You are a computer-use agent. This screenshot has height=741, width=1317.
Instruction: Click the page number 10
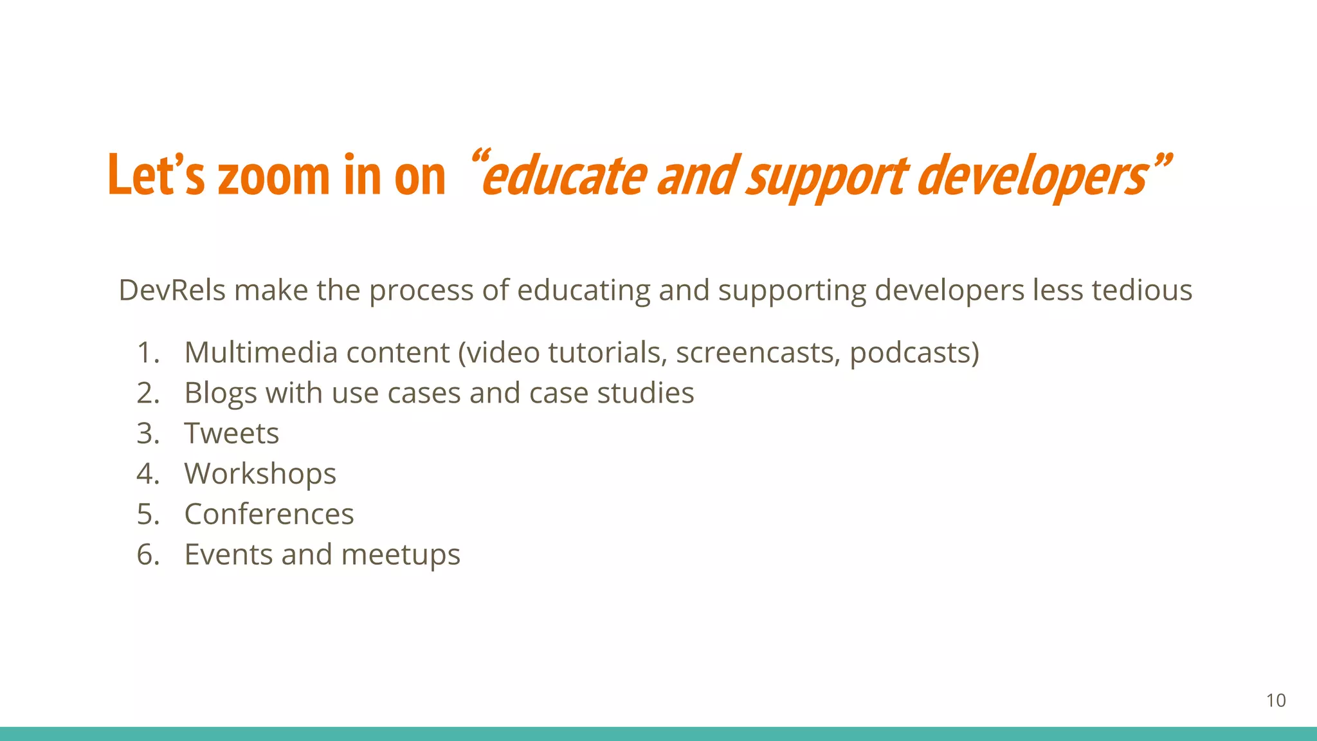pos(1276,700)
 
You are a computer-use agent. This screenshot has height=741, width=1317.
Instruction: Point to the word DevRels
pos(172,290)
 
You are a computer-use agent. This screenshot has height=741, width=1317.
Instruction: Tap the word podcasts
pos(914,352)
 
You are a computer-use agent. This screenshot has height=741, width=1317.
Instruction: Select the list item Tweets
pos(232,434)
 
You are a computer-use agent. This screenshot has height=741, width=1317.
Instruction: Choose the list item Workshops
pos(260,474)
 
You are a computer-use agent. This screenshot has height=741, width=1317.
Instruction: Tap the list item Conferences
pos(269,514)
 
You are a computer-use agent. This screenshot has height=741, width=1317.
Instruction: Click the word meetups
pos(400,554)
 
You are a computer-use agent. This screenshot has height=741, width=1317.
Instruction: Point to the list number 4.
pos(147,474)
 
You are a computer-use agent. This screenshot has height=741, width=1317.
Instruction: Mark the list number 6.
pos(147,554)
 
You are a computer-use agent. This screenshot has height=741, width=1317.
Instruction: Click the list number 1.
pos(147,352)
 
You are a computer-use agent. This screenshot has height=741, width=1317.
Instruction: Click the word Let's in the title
pos(156,175)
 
